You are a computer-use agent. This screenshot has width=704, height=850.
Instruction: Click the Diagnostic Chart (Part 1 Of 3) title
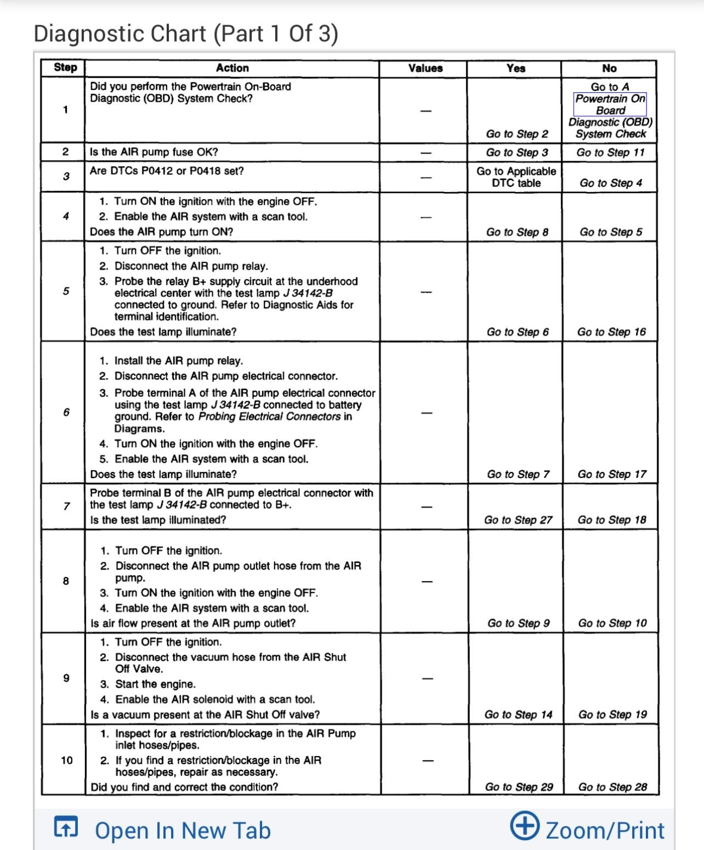pos(186,33)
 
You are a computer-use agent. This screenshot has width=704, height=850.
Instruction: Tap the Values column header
pos(425,68)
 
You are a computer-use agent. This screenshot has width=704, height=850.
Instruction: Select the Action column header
pos(232,68)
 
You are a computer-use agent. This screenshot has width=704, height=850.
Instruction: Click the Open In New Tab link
pos(183,830)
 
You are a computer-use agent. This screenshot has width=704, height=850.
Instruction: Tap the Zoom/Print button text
pos(605,830)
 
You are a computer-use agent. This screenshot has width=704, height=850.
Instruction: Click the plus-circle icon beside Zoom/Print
pos(524,826)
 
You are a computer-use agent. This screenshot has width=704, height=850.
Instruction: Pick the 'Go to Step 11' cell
pos(610,153)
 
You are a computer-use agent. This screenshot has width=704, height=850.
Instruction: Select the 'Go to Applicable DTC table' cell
pos(516,177)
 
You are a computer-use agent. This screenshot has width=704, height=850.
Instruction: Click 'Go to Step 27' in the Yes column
pos(518,520)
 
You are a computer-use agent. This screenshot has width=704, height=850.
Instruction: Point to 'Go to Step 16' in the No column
pos(611,332)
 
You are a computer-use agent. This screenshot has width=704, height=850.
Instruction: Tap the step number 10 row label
pos(66,760)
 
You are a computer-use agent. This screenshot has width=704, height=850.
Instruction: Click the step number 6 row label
pos(66,412)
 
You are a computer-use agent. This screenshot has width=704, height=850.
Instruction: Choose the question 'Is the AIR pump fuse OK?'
pos(154,152)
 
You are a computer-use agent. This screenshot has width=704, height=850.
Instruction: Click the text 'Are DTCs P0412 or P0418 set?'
pos(167,171)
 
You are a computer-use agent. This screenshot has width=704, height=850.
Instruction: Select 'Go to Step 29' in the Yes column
pos(519,787)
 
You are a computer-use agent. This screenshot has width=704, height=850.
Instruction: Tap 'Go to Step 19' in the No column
pos(612,714)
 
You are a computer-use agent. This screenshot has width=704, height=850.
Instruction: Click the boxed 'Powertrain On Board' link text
pos(610,104)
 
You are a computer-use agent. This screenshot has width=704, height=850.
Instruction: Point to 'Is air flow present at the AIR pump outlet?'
pos(193,623)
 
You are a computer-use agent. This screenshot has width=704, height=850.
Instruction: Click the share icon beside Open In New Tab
pos(66,826)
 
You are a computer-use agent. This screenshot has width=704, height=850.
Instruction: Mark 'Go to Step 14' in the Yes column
pos(518,714)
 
